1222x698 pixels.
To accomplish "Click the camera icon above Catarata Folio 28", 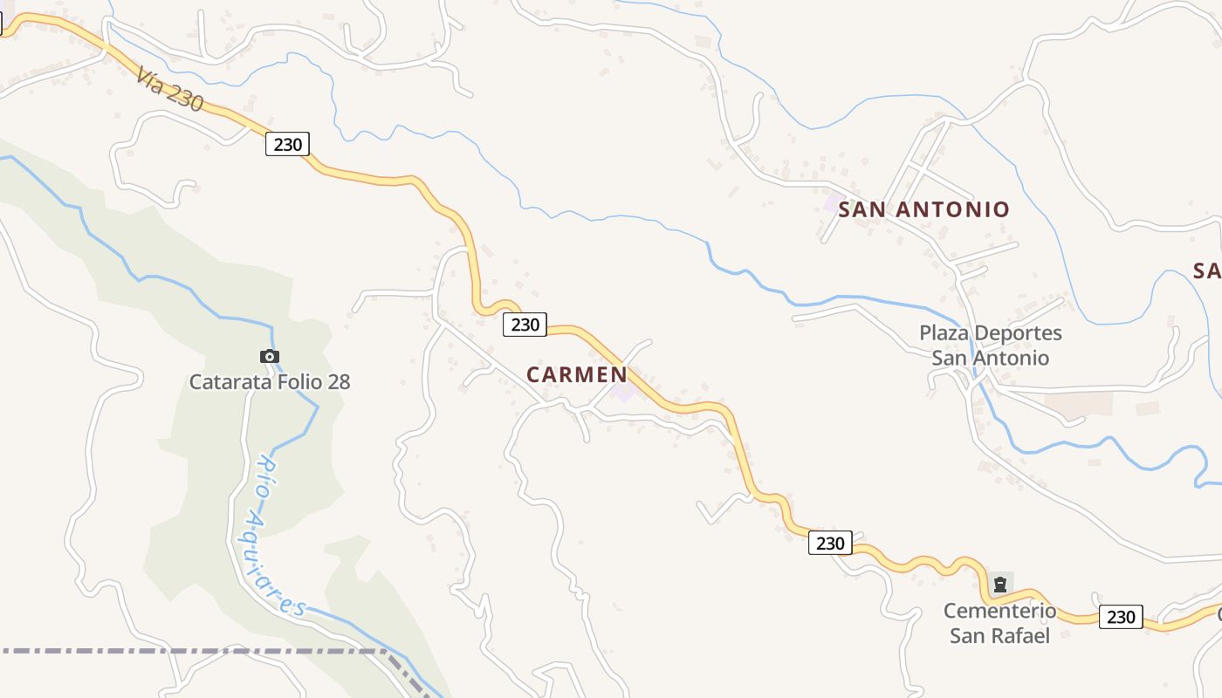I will [270, 356].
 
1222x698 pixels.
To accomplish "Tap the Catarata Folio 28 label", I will [270, 381].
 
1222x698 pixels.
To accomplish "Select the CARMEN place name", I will [576, 374].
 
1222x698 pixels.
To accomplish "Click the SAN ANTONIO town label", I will [923, 209].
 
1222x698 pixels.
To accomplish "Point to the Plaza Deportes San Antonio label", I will [991, 346].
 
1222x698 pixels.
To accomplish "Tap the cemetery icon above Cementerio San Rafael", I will [1000, 585].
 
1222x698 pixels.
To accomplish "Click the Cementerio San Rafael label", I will [999, 623].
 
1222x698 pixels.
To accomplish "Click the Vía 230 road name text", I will [169, 89].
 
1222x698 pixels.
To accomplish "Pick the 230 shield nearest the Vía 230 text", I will [287, 144].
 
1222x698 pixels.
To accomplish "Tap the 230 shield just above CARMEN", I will [525, 325].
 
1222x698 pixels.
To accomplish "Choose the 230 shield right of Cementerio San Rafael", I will [1120, 617].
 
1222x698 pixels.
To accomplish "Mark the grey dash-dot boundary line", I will [175, 651].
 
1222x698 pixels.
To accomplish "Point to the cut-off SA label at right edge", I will [1207, 270].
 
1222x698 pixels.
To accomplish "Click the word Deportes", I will [1017, 333].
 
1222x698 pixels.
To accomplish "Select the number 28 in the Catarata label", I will [337, 381].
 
